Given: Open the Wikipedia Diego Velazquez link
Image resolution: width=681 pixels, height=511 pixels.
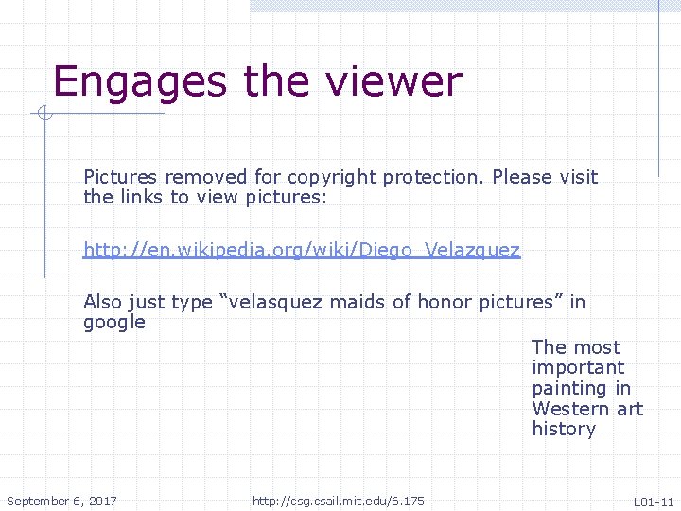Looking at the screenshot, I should point(302,250).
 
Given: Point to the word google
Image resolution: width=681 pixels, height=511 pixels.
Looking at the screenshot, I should point(114,323).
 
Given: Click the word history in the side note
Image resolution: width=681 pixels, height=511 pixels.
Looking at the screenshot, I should point(564,429).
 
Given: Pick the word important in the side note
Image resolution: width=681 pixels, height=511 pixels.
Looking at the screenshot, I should point(578,367).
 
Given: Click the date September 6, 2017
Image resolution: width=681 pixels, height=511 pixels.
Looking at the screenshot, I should point(61,501).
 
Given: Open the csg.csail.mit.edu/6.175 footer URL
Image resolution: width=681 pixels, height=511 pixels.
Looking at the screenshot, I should point(339,501).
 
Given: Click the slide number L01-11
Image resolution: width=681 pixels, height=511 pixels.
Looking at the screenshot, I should point(654,502).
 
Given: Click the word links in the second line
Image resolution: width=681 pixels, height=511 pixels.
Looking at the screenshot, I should point(142,197).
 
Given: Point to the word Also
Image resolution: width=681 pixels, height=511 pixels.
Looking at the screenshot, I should point(103,302).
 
